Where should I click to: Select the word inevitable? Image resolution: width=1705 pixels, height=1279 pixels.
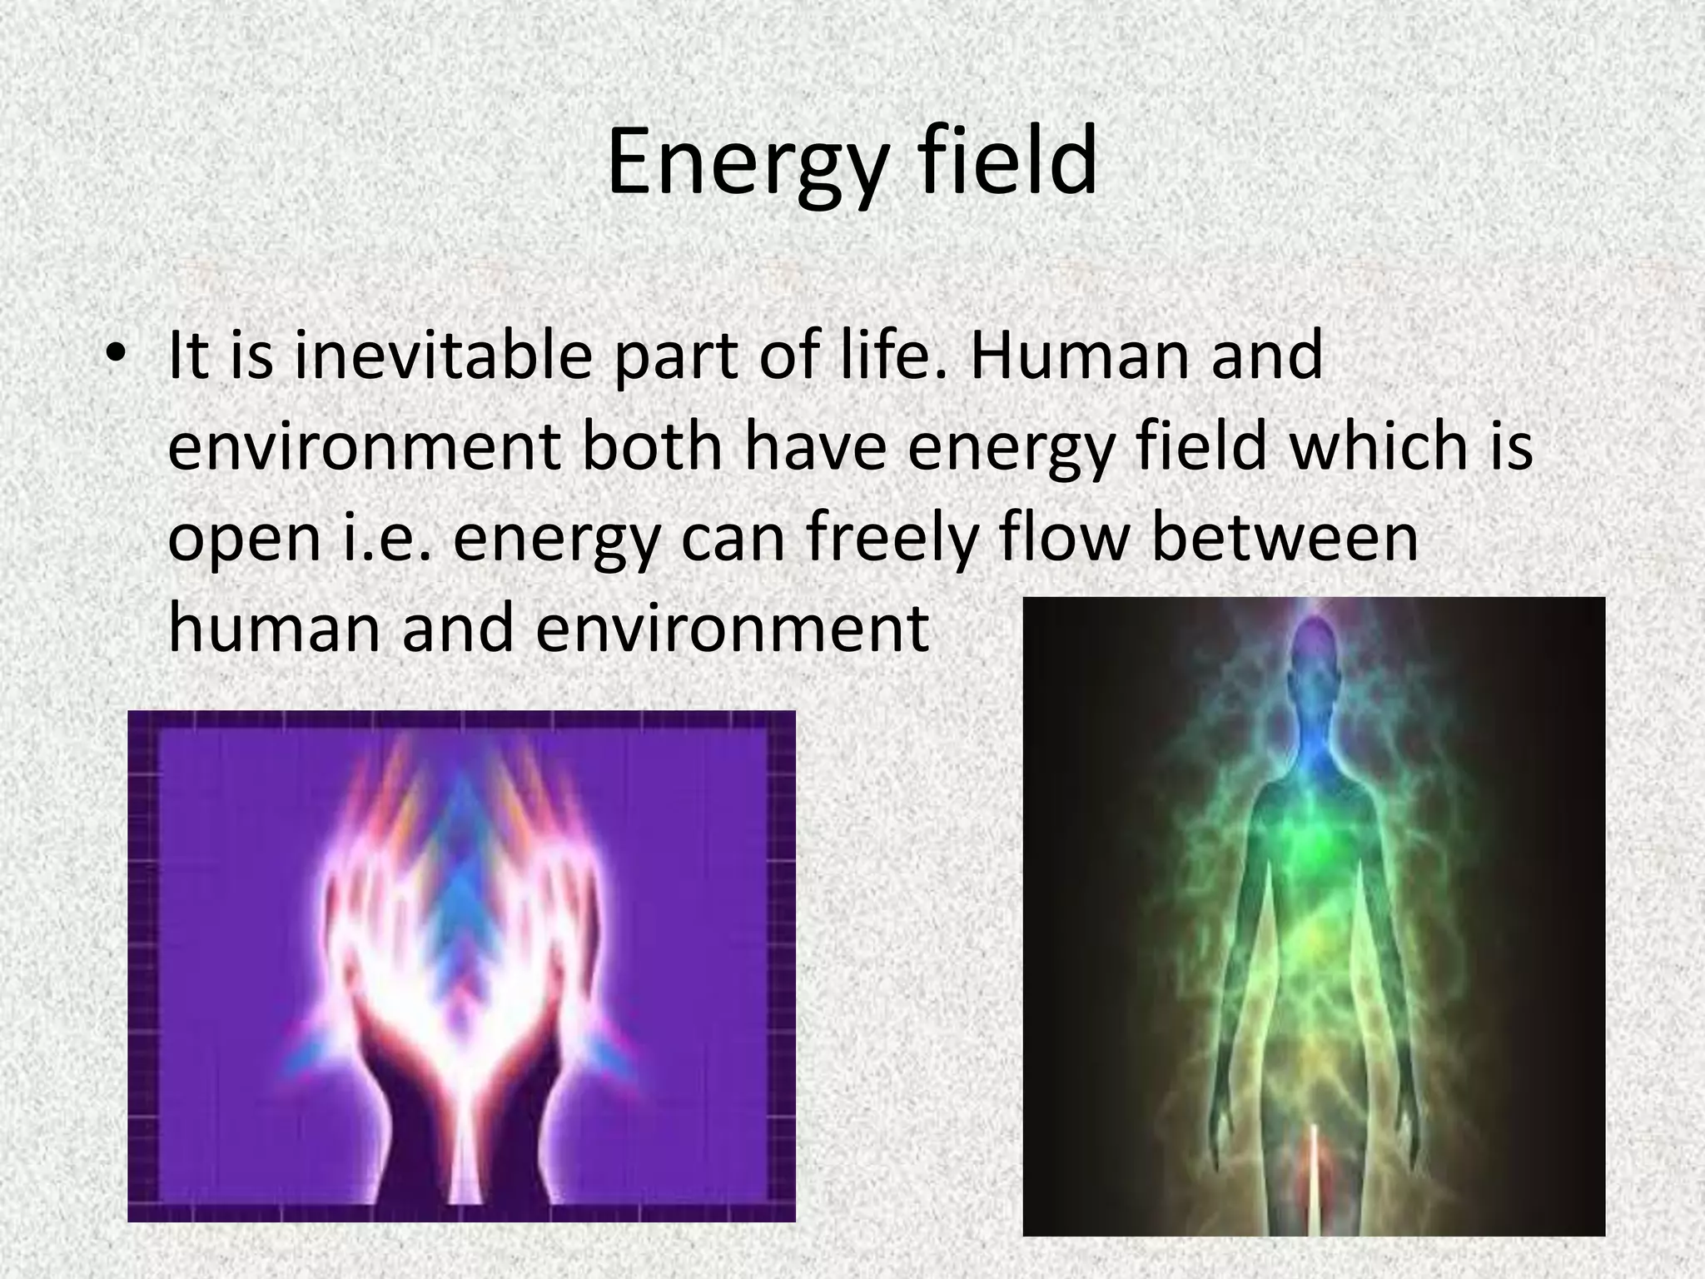coord(442,356)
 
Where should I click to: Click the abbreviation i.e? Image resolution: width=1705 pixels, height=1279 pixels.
coord(389,538)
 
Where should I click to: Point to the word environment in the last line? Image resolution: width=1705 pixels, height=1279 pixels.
coord(731,629)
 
